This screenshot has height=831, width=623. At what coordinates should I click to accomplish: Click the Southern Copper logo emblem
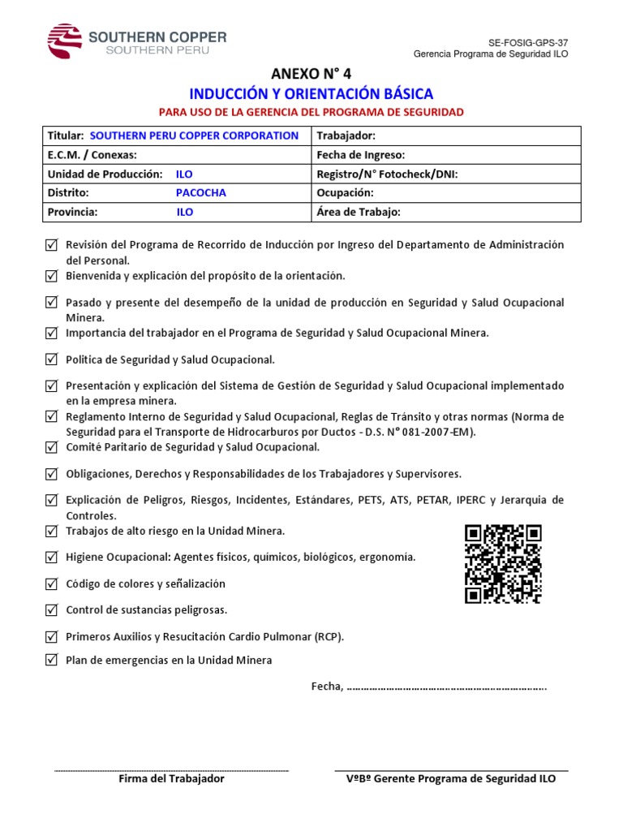[x=65, y=41]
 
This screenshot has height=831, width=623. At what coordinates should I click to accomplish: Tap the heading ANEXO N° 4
[x=311, y=75]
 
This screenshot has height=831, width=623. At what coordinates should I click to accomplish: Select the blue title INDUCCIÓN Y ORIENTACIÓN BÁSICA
[x=311, y=94]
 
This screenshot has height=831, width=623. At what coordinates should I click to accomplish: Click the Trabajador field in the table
[x=445, y=136]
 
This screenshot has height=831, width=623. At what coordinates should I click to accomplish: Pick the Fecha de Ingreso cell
[x=445, y=155]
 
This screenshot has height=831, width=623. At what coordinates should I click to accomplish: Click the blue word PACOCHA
[x=201, y=193]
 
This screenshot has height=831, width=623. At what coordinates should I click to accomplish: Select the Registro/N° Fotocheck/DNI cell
[x=445, y=174]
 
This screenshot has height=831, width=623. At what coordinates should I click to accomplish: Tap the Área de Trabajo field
[x=445, y=213]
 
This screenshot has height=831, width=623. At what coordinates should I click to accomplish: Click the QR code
[x=503, y=564]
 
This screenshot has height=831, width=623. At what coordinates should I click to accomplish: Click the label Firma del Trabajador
[x=171, y=779]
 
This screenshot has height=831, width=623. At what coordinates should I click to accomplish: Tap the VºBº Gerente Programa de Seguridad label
[x=451, y=779]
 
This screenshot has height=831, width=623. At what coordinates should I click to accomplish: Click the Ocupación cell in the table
[x=445, y=193]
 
